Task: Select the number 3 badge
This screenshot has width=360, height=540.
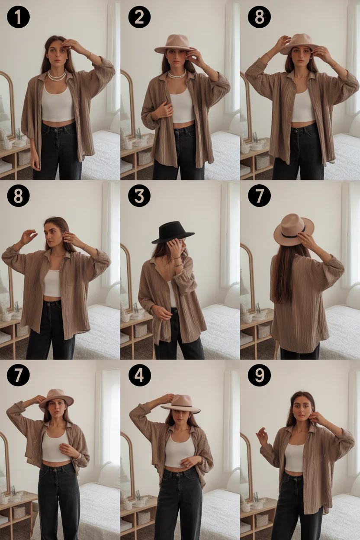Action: coord(139,196)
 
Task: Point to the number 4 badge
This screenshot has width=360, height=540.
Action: coord(139,376)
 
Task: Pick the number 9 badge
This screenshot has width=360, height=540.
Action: coord(259,376)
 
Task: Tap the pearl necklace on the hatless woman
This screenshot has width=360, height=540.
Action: coord(57,76)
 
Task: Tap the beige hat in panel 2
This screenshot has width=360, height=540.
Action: coord(173,44)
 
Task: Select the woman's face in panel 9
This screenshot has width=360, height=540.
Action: coord(302,408)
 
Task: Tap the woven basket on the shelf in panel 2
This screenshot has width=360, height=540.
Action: coord(144,157)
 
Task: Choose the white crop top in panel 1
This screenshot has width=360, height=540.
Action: coord(58,104)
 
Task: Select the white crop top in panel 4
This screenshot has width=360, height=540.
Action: coord(179,450)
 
